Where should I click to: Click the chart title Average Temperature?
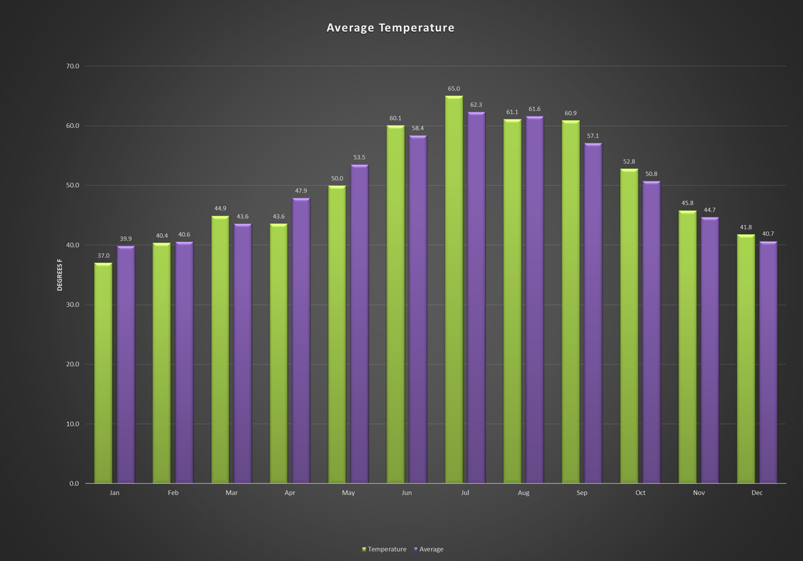point(390,28)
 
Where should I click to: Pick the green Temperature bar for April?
point(278,353)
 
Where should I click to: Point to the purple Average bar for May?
point(359,324)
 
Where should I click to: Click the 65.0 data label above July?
point(454,89)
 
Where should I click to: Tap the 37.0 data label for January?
point(103,256)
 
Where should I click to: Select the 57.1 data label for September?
point(593,136)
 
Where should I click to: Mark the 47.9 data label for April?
point(301,191)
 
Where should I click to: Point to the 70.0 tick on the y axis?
point(73,66)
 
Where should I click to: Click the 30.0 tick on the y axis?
point(73,305)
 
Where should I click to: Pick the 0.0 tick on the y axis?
point(74,484)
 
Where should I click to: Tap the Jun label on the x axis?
point(407,493)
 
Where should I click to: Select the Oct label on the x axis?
point(640,493)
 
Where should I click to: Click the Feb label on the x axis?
point(173,493)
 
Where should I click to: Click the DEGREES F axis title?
point(59,275)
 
